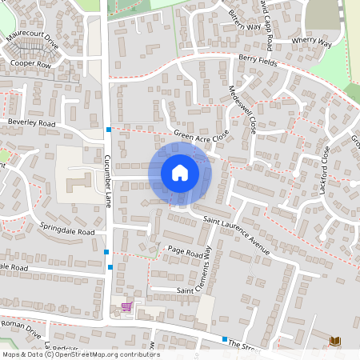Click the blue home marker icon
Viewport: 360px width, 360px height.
pos(180,172)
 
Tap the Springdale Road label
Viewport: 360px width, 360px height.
pos(67,228)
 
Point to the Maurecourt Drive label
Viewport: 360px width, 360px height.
pos(34,42)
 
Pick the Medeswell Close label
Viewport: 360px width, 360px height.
pos(241,110)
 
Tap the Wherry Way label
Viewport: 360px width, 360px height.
pos(311,42)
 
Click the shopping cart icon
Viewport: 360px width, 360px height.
pos(126,306)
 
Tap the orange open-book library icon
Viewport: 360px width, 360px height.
pos(334,342)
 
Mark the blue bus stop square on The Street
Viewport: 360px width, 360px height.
pos(225,340)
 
